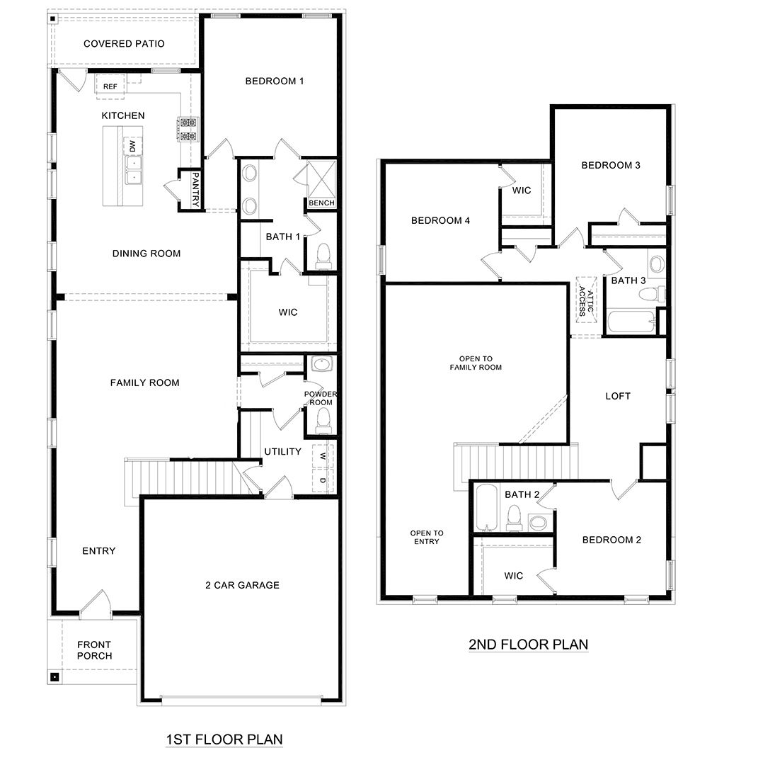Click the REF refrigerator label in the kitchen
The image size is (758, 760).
[110, 86]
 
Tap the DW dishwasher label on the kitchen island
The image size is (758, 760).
[132, 146]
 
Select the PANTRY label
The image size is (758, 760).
[196, 190]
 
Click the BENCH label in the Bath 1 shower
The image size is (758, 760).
[321, 203]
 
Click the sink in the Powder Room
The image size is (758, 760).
[323, 366]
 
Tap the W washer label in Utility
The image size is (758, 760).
[323, 455]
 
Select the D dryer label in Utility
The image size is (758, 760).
[323, 481]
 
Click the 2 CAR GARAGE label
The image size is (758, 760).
[242, 585]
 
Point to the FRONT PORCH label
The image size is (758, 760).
[94, 650]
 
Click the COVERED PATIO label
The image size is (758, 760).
[124, 44]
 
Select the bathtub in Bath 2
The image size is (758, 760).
[485, 506]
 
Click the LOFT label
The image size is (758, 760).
[617, 396]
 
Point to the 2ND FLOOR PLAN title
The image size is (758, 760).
[528, 645]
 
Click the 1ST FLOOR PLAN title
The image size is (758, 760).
[224, 739]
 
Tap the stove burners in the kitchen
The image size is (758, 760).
[187, 130]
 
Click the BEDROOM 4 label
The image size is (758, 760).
[440, 220]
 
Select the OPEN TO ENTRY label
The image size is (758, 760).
[426, 537]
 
